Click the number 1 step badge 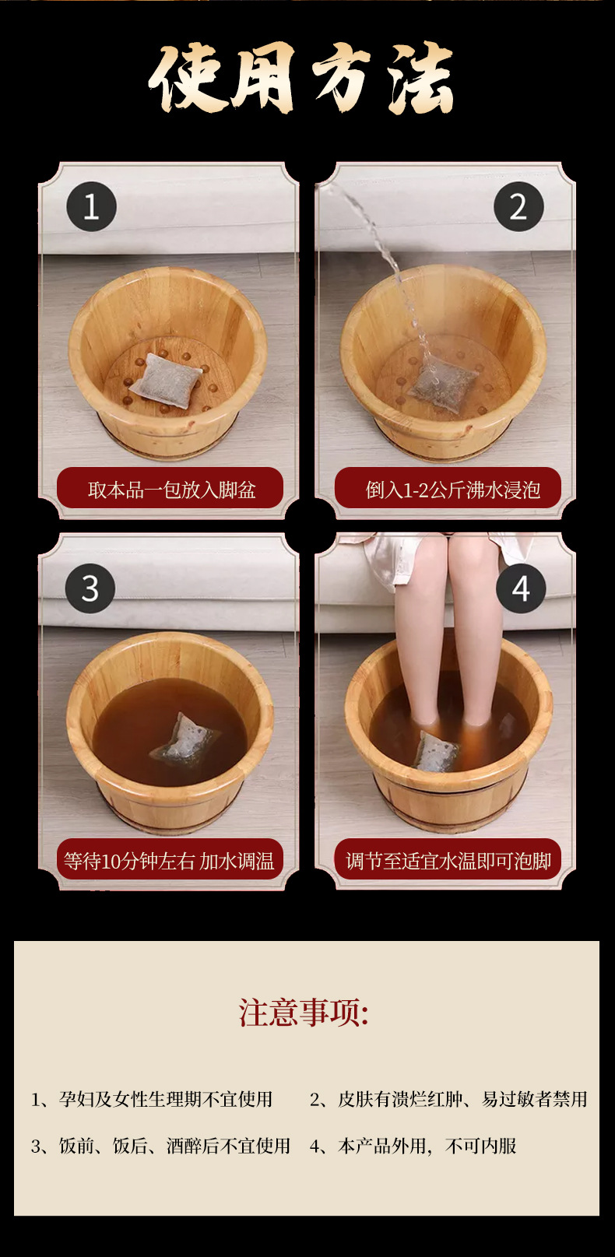coord(91,206)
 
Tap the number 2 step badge coord(518,206)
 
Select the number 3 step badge coord(90,588)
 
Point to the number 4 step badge coord(521,588)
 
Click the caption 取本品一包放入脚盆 coord(171,490)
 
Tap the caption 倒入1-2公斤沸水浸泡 coord(453,490)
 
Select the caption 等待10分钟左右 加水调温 coord(169,860)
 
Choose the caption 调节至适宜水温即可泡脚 coord(448,860)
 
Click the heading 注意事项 coord(304,1013)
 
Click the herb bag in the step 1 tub coord(166,377)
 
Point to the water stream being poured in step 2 coord(381,264)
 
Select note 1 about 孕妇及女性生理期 coord(152,1099)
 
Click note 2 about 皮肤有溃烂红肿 coord(448,1099)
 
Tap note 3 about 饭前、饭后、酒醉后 coord(160,1146)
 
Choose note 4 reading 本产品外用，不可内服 coord(413,1146)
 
